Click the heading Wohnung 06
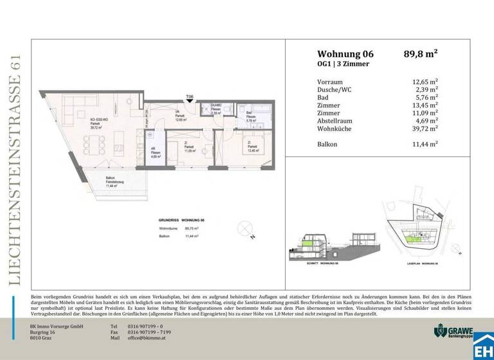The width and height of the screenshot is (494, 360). click(x=345, y=54)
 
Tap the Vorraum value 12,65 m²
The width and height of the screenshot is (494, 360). click(x=425, y=82)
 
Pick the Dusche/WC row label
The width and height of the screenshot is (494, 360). click(x=338, y=89)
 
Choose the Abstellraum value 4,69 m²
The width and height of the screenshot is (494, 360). click(x=426, y=120)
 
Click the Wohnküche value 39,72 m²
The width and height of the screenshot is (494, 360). click(x=425, y=128)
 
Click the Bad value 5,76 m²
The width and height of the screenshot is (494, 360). click(x=426, y=97)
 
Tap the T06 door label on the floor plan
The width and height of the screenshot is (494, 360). click(x=189, y=96)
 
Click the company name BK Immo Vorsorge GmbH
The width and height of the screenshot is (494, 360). click(x=57, y=326)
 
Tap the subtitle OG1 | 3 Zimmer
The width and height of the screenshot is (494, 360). click(x=343, y=64)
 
